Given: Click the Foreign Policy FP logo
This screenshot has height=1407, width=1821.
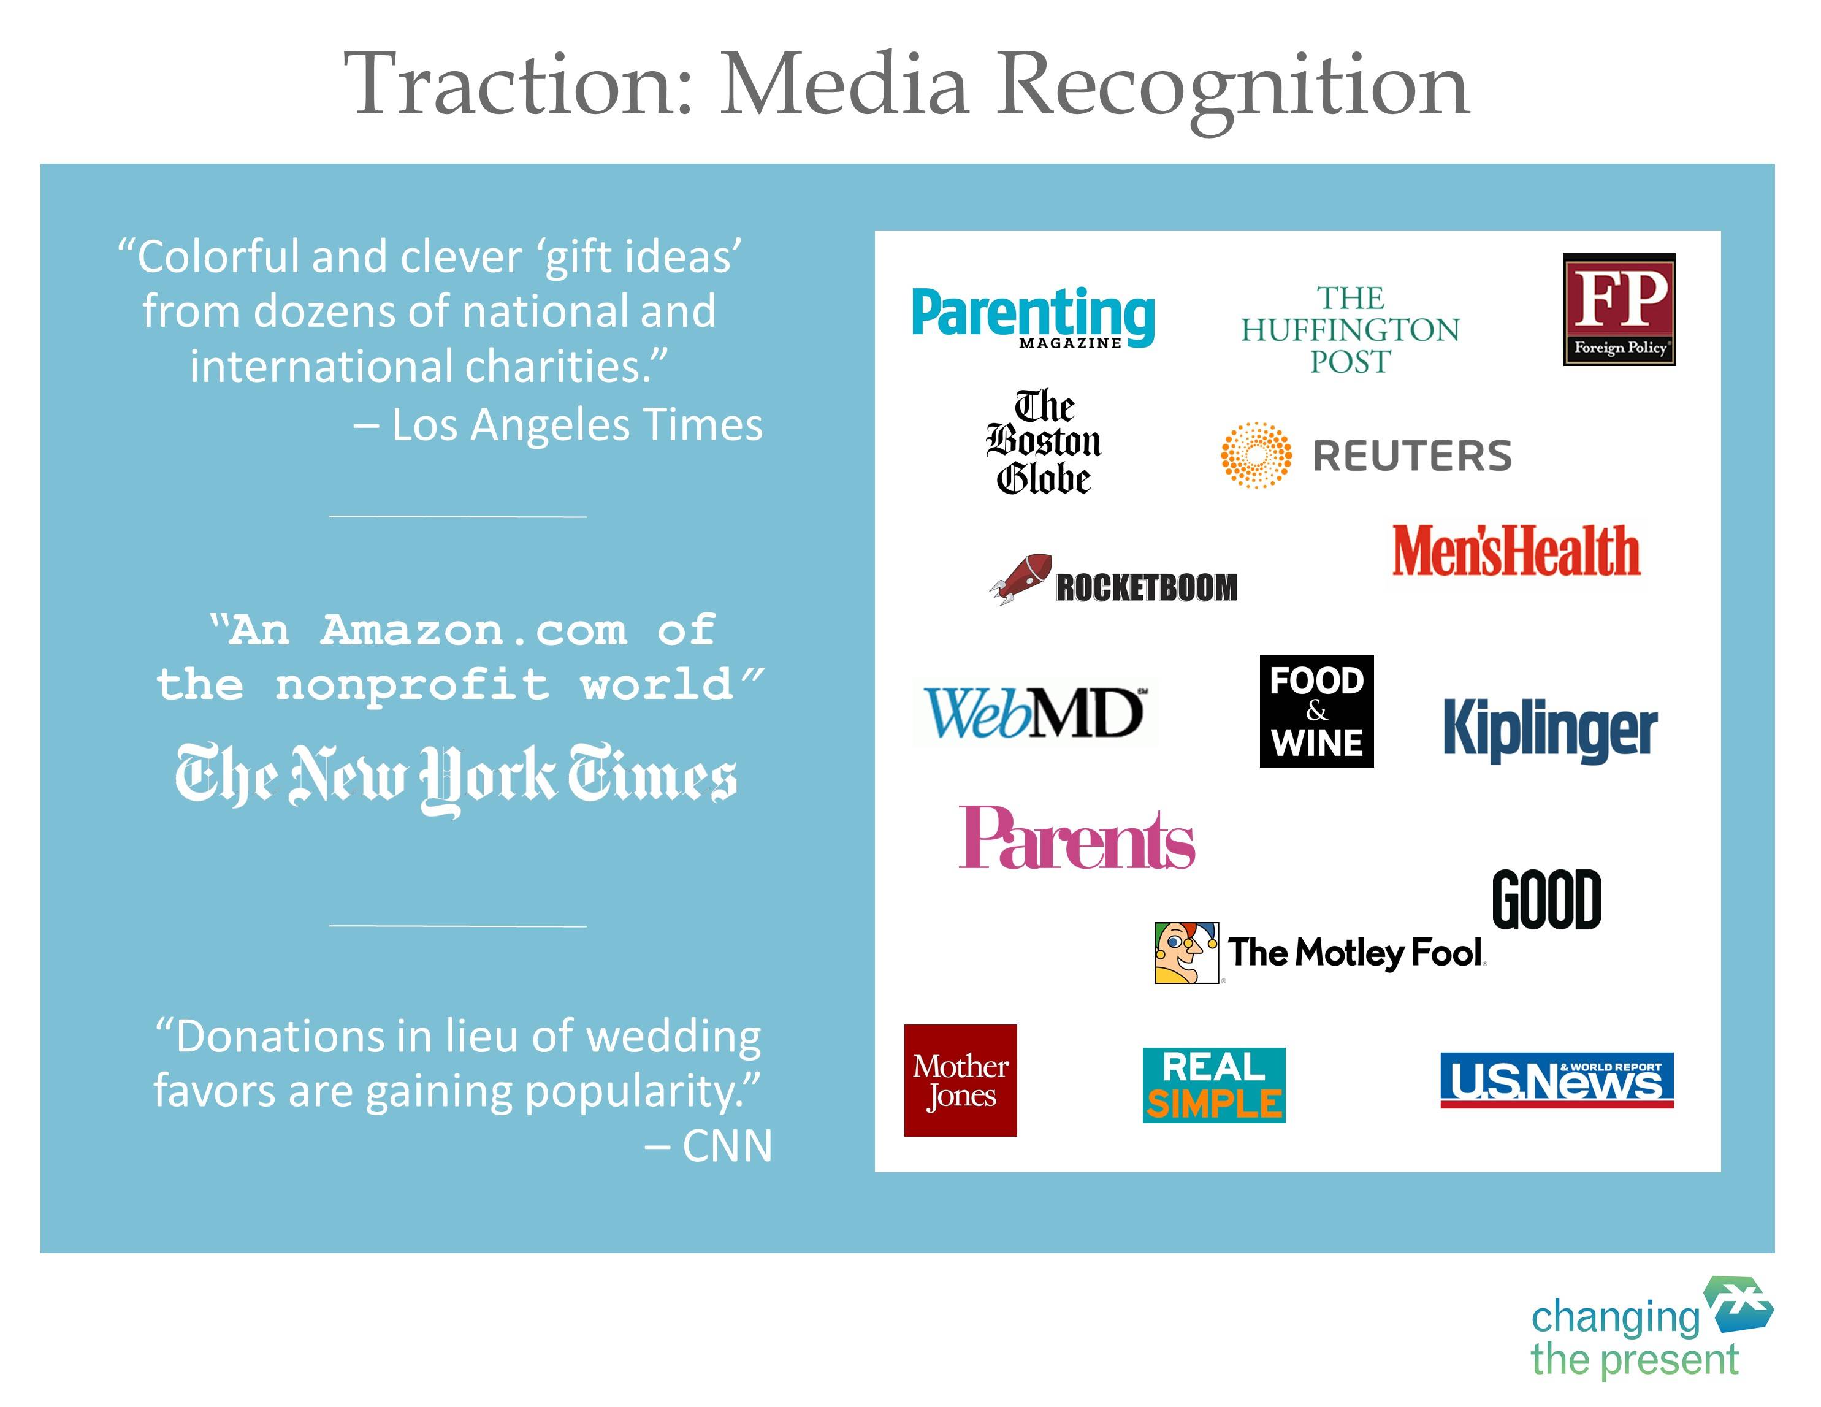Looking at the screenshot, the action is click(1619, 308).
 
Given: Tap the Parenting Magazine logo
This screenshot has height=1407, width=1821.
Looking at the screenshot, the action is click(1033, 317).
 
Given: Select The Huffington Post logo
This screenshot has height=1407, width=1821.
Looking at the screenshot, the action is click(1350, 329).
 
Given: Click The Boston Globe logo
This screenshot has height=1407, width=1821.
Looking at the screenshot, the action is click(1043, 442).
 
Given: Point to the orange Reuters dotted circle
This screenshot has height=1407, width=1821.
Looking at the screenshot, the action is click(1256, 455).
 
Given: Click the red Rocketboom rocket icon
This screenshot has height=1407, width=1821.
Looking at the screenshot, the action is click(1021, 578).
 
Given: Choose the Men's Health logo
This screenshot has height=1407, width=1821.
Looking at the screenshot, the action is click(1516, 551).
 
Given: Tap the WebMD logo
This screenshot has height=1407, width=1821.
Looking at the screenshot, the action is click(1034, 712).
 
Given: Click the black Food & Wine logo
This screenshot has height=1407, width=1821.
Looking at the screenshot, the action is click(1316, 711).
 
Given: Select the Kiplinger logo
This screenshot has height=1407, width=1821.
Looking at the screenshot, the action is click(1550, 728).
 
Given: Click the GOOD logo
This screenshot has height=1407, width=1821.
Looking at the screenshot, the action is click(1547, 899).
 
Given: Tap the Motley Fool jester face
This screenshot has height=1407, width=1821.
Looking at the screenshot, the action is click(1186, 953).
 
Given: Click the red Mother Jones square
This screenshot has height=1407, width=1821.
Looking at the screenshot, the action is click(961, 1080).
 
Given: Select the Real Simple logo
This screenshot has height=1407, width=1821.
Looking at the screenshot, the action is click(1214, 1085).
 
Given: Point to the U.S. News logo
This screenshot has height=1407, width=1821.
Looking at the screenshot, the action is click(1557, 1080).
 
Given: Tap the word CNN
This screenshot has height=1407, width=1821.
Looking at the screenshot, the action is click(728, 1146).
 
